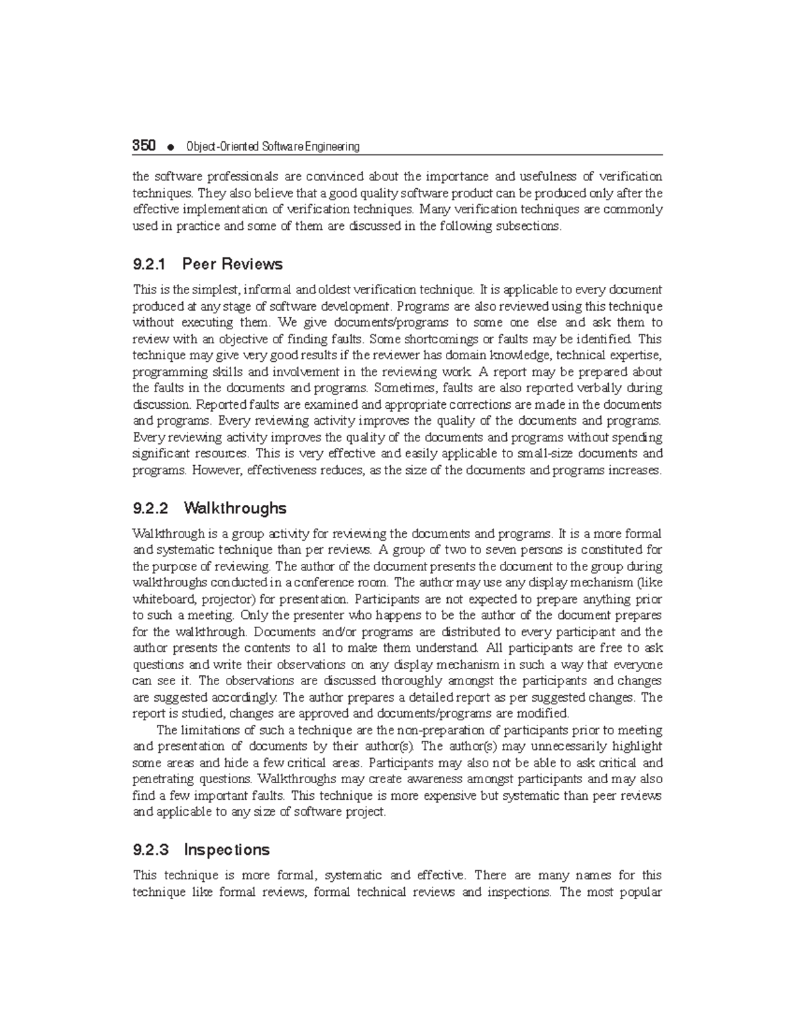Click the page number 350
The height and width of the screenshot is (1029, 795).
tap(144, 146)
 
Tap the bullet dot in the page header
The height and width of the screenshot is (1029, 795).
tap(171, 147)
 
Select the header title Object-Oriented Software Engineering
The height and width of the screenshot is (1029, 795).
tap(273, 146)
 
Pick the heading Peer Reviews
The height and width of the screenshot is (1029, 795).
tap(232, 264)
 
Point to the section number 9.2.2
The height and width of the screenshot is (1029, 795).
tap(150, 508)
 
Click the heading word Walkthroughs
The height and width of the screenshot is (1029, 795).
tap(235, 508)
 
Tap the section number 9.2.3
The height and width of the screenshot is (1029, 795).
tap(150, 849)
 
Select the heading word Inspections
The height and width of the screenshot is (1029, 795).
tap(227, 849)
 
